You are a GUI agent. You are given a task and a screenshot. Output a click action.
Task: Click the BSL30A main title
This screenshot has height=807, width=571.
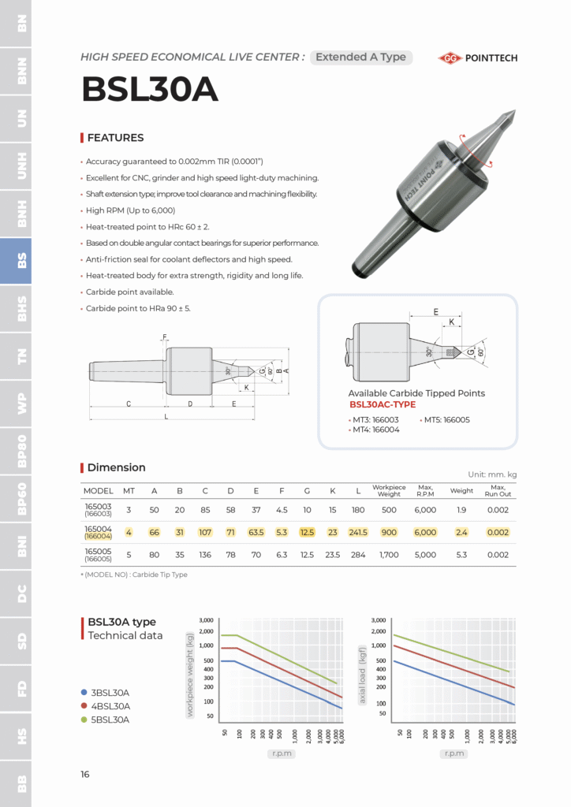[150, 91]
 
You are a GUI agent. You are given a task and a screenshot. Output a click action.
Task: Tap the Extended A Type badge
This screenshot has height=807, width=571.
[360, 58]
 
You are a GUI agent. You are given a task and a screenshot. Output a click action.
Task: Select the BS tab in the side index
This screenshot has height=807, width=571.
[16, 261]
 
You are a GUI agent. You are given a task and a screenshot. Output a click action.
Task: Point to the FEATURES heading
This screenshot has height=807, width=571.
[115, 138]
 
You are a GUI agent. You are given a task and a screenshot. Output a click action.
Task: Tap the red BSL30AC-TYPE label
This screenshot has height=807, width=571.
[382, 405]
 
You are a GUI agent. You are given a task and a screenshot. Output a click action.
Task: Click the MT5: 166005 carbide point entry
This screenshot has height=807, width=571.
[446, 420]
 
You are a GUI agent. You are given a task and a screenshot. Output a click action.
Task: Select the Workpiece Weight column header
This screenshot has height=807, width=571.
[388, 491]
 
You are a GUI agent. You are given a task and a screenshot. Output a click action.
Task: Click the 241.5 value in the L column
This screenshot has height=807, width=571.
[358, 533]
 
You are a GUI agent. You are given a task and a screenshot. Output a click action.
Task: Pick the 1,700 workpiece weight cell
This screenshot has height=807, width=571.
[388, 555]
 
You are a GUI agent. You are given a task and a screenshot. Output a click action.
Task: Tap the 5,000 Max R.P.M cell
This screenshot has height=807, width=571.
[425, 555]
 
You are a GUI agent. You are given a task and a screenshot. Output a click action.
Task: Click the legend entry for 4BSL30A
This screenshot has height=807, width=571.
[110, 706]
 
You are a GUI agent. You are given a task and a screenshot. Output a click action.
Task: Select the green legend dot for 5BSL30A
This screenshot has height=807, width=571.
[83, 720]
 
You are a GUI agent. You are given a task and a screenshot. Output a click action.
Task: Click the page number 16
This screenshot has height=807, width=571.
[85, 775]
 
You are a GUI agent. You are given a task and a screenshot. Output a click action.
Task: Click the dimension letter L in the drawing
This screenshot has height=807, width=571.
[166, 416]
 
